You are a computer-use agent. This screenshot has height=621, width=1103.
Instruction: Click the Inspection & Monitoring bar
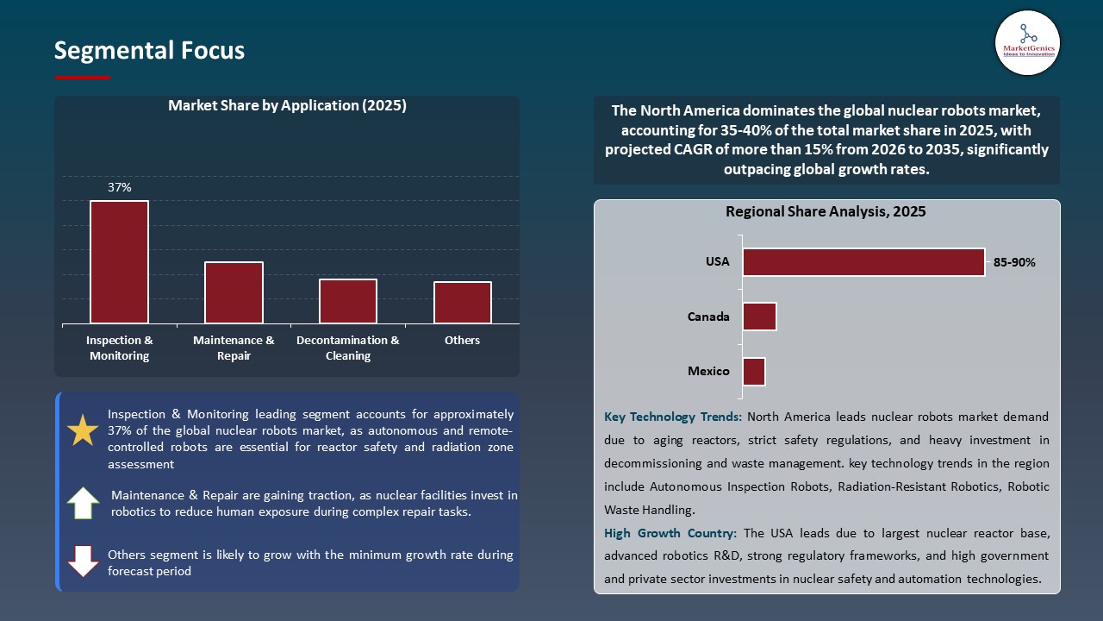pos(119,262)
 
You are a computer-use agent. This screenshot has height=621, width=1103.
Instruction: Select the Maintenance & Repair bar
pos(234,292)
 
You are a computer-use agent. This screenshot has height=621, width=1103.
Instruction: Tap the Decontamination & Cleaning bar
pos(348,301)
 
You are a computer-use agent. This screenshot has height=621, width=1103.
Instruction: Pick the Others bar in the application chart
pos(463,302)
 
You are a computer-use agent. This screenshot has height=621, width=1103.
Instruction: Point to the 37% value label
pos(120,187)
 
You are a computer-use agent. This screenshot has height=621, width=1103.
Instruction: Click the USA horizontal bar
pos(863,262)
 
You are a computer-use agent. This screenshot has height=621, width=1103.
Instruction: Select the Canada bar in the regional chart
pos(759,317)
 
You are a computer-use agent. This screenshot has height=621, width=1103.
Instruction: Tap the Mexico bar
pos(754,372)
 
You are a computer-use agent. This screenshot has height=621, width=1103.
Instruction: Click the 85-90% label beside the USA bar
pos(1014,262)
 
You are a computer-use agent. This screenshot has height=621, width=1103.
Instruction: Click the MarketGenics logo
pos(1027,42)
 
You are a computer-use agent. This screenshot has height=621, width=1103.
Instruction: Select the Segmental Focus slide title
pos(149,51)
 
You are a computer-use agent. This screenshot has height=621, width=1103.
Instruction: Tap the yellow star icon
pos(83,430)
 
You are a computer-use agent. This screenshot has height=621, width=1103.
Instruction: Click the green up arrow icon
pos(83,503)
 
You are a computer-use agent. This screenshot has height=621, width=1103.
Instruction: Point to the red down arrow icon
pos(83,561)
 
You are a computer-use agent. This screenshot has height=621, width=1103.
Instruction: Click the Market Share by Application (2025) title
pos(287,105)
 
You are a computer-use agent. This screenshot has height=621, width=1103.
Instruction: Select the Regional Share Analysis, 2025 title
pos(826,211)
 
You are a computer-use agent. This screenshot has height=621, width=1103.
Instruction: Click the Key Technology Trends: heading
pos(673,417)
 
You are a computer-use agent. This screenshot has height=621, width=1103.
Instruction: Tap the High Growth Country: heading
pos(671,533)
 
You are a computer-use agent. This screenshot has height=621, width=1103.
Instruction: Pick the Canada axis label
pos(708,317)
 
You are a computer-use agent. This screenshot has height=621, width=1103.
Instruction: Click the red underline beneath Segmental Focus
pos(83,78)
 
